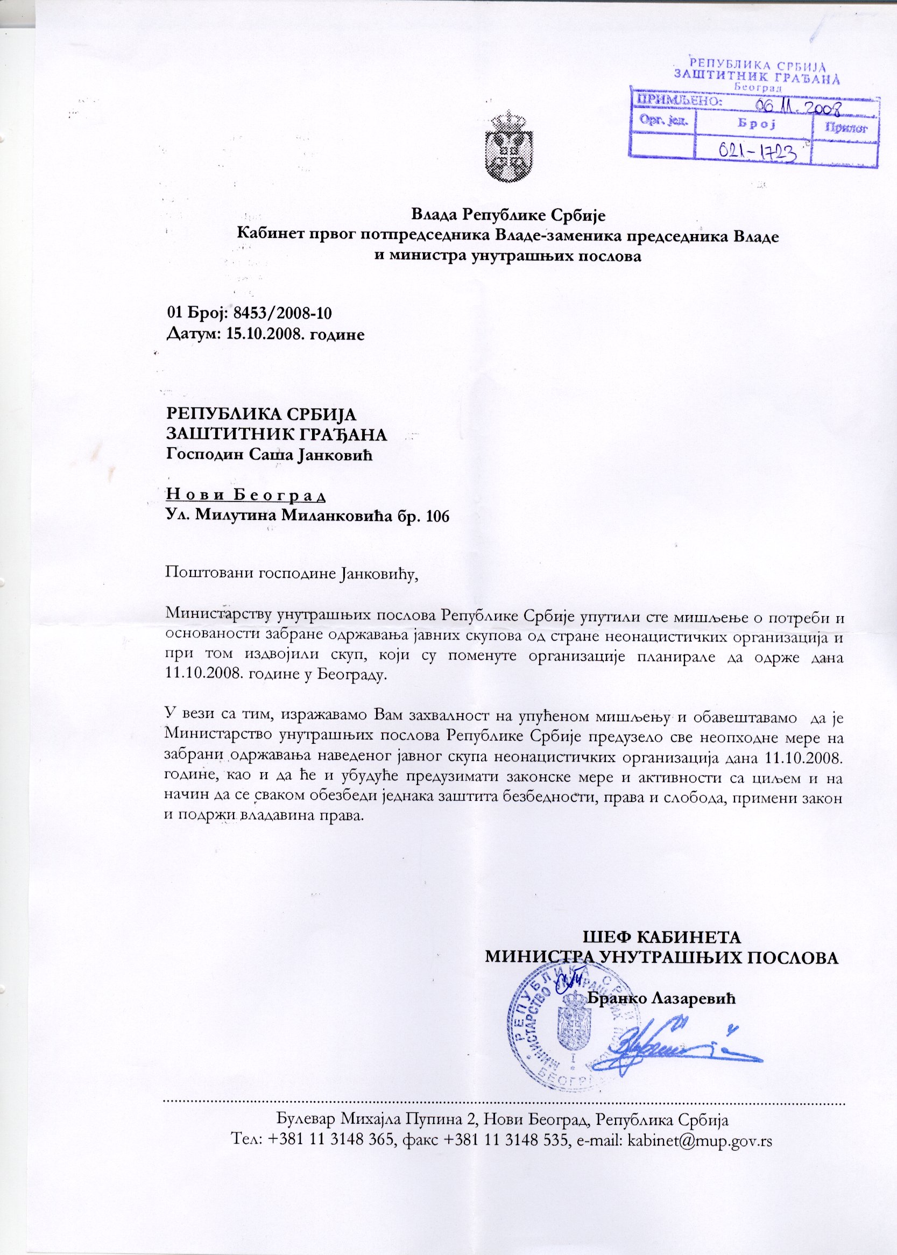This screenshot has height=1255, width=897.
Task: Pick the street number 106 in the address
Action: coord(437,516)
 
